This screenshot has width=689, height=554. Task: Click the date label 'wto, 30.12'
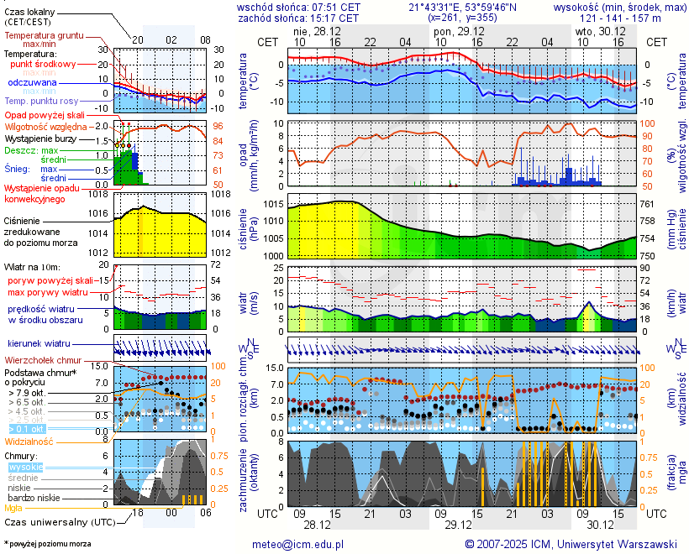(x=600, y=30)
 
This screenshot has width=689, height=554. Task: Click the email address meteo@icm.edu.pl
(x=298, y=544)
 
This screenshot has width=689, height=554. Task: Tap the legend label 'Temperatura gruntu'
(x=44, y=37)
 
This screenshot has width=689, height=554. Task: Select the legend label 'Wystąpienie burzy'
(x=40, y=138)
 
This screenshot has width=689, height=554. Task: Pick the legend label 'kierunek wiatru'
(x=39, y=344)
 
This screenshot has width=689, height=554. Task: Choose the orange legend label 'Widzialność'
(x=29, y=441)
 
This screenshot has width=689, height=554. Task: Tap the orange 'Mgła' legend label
(x=13, y=508)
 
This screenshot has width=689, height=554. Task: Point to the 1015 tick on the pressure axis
(x=271, y=205)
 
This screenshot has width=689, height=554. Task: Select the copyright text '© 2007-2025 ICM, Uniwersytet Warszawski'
(x=571, y=544)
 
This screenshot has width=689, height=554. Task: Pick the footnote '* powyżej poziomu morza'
(x=47, y=544)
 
